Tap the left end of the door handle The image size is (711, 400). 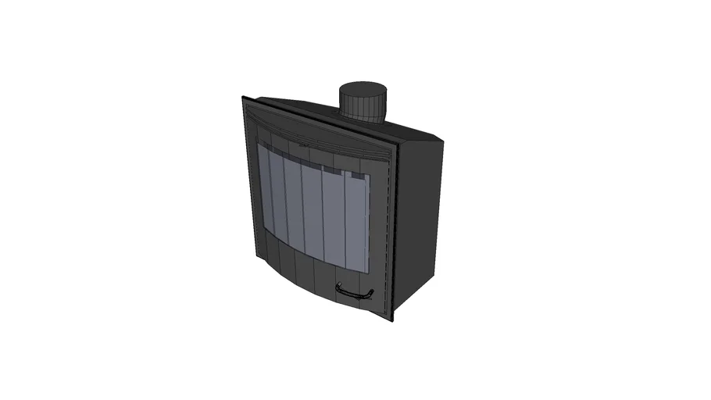338,287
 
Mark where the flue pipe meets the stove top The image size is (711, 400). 362,120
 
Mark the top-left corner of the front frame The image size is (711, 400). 243,97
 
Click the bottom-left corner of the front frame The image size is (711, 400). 252,257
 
